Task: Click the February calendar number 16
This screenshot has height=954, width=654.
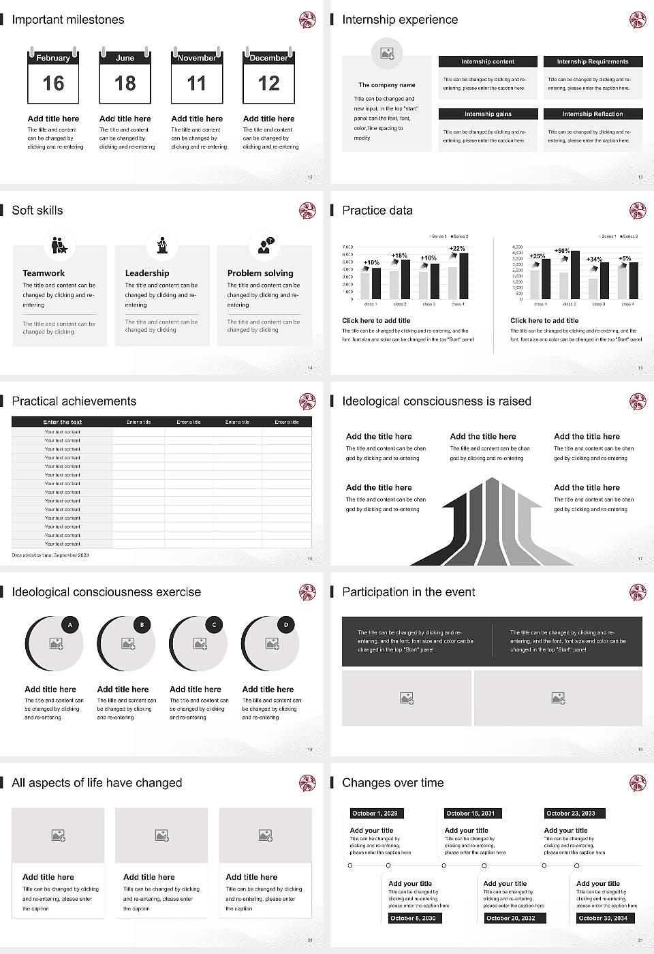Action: tap(53, 84)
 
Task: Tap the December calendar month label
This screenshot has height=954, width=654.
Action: tap(268, 58)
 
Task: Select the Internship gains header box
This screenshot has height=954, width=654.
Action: tap(488, 114)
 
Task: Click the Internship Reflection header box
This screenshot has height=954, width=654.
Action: tap(593, 114)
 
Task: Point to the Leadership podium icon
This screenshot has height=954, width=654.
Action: tap(162, 245)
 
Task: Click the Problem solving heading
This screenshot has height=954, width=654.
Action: tap(260, 273)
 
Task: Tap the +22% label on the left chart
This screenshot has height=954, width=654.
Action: tap(457, 249)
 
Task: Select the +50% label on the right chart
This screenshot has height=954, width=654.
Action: tap(562, 251)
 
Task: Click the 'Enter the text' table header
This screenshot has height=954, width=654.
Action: tap(62, 422)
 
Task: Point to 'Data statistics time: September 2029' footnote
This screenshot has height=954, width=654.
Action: tap(50, 555)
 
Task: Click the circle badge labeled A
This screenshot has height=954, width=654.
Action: tap(70, 624)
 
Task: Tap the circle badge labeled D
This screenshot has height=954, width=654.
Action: tap(286, 624)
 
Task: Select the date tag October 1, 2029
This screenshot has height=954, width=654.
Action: tap(375, 813)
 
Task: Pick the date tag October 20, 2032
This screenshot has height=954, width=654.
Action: tap(510, 918)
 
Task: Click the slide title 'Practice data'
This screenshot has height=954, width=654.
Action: tap(377, 211)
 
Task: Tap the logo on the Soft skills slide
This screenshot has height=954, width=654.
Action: tap(307, 211)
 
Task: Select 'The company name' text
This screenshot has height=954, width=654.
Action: tap(387, 85)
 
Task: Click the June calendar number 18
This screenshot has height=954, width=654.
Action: tap(125, 84)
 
